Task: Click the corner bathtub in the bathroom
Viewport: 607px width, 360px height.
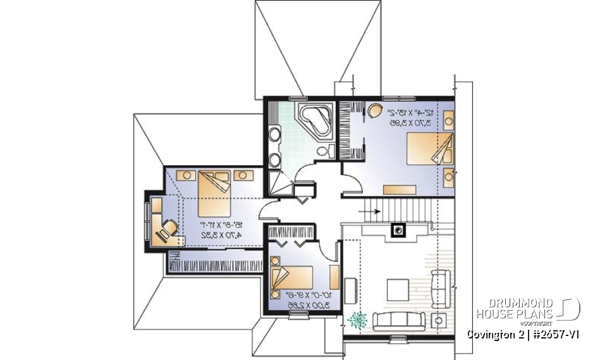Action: coord(315,120)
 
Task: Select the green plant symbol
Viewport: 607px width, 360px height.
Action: coord(357,320)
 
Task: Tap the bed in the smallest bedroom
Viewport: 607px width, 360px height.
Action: coord(292,277)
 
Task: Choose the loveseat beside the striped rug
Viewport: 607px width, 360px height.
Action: coord(439,282)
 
